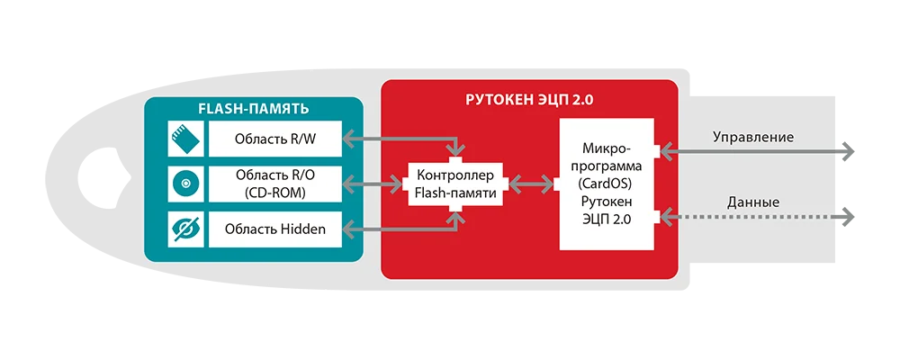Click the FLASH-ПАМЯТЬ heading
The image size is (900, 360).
[x=253, y=109]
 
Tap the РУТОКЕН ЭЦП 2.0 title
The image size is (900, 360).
[x=530, y=99]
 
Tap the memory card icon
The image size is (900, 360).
[x=183, y=139]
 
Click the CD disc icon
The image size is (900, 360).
[x=183, y=184]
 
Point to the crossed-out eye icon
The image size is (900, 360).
[x=183, y=230]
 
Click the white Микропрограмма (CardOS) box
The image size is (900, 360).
[x=611, y=184]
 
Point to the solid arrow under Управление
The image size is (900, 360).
[x=756, y=151]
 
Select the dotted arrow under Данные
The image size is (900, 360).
[x=756, y=215]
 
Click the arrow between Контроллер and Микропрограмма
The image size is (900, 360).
[x=531, y=184]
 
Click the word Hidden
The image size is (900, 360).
[x=301, y=230]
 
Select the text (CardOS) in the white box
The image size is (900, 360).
[x=611, y=184]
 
